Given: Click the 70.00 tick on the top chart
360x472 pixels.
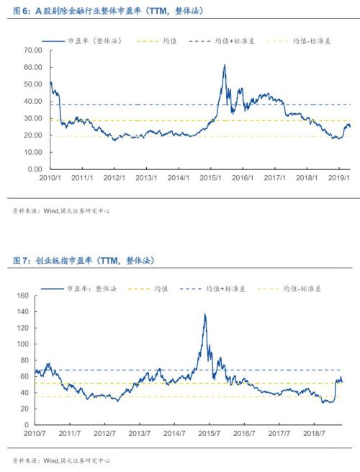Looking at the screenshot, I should (33, 50).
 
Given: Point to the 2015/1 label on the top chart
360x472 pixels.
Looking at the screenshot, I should (210, 177).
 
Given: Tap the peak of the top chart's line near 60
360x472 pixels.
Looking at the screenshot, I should (224, 66).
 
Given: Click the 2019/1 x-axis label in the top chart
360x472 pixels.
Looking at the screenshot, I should (339, 177).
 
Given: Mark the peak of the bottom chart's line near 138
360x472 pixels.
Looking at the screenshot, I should (204, 314).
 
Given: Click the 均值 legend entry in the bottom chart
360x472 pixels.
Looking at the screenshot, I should (160, 288).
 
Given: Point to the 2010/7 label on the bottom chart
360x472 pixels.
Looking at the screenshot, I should (35, 434).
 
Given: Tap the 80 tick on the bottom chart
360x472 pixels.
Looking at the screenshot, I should (23, 360).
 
